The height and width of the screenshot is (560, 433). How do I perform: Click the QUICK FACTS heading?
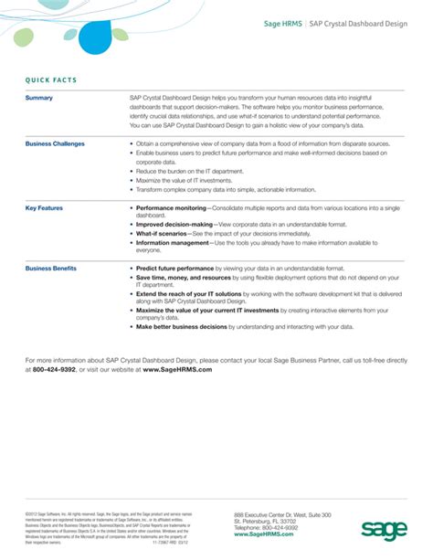pyautogui.click(x=51, y=80)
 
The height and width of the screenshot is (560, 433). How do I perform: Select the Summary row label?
pyautogui.click(x=39, y=98)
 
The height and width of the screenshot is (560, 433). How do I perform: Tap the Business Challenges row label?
pyautogui.click(x=55, y=143)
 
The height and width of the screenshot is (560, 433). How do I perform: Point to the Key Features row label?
pyautogui.click(x=44, y=208)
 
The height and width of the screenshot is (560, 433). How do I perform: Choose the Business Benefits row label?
pyautogui.click(x=51, y=269)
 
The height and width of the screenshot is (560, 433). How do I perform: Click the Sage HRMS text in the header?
pyautogui.click(x=281, y=26)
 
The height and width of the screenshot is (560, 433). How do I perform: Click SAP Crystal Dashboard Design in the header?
pyautogui.click(x=357, y=26)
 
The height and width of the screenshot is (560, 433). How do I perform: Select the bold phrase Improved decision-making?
pyautogui.click(x=174, y=224)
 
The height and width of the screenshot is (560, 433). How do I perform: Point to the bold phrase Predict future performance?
pyautogui.click(x=177, y=269)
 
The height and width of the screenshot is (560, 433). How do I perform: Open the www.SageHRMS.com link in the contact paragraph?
pyautogui.click(x=179, y=370)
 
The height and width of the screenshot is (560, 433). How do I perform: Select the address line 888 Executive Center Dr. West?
pyautogui.click(x=282, y=516)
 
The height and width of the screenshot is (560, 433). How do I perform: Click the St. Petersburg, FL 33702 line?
pyautogui.click(x=271, y=523)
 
